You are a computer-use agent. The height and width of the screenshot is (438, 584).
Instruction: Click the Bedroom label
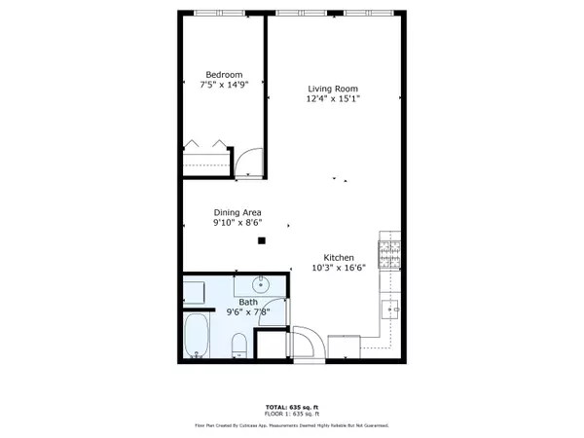[x=224, y=75]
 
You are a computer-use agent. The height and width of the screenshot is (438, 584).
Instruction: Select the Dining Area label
[x=237, y=212]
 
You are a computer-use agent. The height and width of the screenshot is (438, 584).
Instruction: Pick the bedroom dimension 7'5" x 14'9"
[x=224, y=86]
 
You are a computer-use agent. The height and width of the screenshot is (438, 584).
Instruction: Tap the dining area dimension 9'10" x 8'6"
[x=237, y=223]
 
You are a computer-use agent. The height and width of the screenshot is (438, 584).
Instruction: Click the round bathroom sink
[x=262, y=285]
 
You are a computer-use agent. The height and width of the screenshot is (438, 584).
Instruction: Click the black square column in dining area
[x=261, y=240]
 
